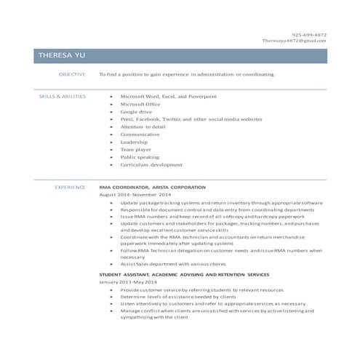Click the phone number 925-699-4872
(309, 34)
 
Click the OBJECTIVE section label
(72, 74)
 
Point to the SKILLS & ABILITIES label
(62, 96)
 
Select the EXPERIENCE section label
(71, 187)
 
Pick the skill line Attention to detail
(143, 127)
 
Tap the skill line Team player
(136, 149)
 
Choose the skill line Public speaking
(140, 157)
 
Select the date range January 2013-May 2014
(127, 281)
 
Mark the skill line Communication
(140, 135)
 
